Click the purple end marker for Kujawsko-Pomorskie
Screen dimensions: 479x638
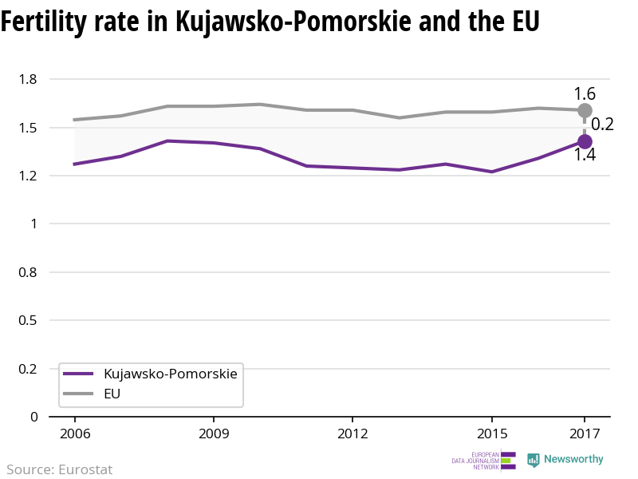pyautogui.click(x=585, y=141)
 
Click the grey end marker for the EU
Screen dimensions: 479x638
pyautogui.click(x=585, y=110)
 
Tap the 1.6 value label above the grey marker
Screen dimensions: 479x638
pyautogui.click(x=585, y=94)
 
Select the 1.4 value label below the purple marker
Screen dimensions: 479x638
pyautogui.click(x=585, y=156)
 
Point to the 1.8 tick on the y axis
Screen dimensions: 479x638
pyautogui.click(x=29, y=79)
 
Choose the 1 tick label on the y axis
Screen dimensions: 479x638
pyautogui.click(x=34, y=224)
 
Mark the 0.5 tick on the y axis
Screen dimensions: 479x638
pyautogui.click(x=29, y=320)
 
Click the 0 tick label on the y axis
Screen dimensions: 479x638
pyautogui.click(x=34, y=417)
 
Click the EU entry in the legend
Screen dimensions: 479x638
pyautogui.click(x=112, y=394)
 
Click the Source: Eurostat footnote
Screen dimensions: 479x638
pyautogui.click(x=60, y=469)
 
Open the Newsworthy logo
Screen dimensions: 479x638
pyautogui.click(x=565, y=460)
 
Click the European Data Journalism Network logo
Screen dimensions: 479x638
pyautogui.click(x=483, y=461)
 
